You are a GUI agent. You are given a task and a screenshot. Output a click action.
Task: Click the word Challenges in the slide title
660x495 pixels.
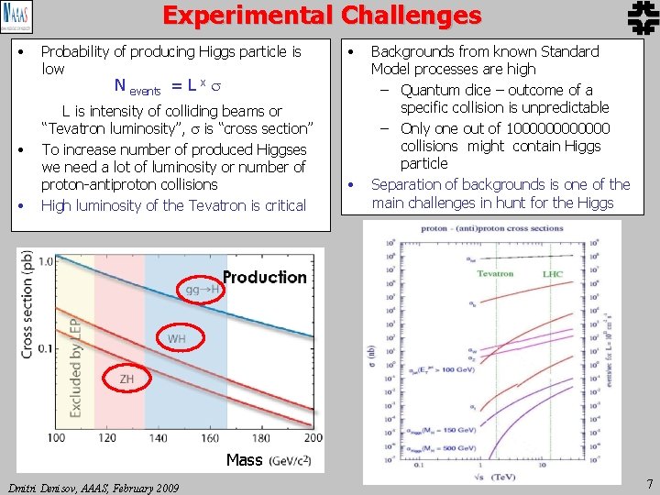(411, 16)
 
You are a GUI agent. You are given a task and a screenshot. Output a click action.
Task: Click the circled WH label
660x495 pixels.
(176, 338)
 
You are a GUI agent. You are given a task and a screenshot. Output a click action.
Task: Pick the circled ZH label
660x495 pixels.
(126, 378)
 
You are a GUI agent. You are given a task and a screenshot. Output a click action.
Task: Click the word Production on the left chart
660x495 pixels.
(265, 277)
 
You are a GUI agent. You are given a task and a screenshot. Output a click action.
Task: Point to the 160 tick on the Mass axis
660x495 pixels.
(223, 439)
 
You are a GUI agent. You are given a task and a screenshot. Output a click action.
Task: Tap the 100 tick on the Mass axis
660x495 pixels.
(56, 439)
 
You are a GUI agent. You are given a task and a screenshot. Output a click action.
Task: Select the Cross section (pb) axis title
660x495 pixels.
(27, 305)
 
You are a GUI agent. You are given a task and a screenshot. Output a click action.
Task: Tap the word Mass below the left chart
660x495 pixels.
(244, 460)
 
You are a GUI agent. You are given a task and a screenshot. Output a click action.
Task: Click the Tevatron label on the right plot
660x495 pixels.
(495, 273)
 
